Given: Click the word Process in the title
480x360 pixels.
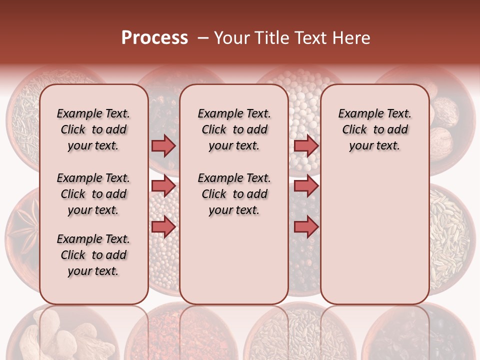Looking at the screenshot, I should (154, 38).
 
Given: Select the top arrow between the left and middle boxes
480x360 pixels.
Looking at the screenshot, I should (163, 145).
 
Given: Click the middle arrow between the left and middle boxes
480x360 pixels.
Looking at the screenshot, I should (163, 186).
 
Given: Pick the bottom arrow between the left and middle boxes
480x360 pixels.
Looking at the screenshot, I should (163, 226).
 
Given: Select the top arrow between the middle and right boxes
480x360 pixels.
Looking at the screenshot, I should (306, 145).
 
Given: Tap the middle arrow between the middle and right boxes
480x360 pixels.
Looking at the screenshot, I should (306, 186).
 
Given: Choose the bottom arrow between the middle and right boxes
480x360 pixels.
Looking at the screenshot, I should (306, 226).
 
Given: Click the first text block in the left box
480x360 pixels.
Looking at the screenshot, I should (93, 129).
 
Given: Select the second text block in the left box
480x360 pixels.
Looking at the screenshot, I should (93, 194).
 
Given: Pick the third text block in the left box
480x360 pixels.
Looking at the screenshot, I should (93, 255).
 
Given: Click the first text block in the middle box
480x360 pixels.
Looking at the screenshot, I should (234, 129).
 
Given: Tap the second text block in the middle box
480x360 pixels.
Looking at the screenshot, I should (234, 194).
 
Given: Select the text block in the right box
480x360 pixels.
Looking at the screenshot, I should (374, 129).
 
